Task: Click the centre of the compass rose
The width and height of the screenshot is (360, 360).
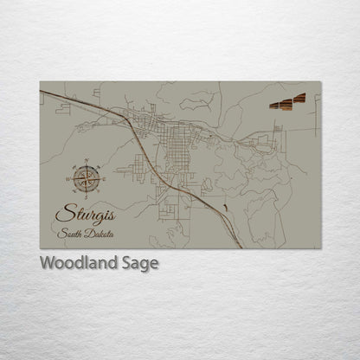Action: coord(85,179)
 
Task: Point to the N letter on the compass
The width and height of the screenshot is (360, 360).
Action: coord(85,161)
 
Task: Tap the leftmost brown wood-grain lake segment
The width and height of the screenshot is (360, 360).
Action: coord(274,105)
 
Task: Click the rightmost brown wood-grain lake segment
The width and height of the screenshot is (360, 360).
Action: coord(299,99)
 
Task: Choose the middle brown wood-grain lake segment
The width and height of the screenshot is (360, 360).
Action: coord(286,103)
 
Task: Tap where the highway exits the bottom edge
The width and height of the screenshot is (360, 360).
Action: coord(241,247)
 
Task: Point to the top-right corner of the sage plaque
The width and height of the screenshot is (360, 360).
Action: coord(320,82)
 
